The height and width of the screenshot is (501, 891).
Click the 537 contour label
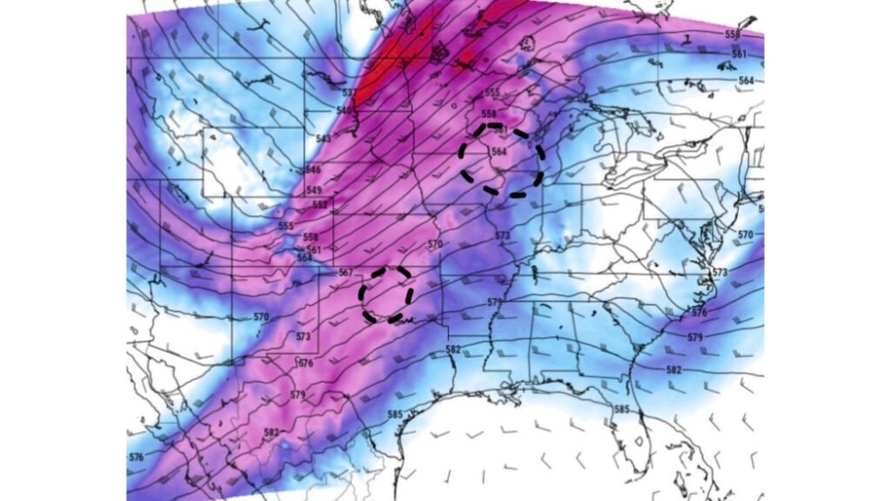[348, 92]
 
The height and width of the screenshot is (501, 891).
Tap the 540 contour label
[344, 110]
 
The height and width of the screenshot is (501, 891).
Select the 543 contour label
[324, 138]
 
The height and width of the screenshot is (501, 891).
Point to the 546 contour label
[314, 170]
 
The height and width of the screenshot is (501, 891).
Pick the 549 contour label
[315, 190]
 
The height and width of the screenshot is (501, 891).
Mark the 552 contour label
[320, 204]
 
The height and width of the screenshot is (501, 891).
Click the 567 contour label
[345, 272]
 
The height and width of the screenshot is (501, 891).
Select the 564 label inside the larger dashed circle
[499, 151]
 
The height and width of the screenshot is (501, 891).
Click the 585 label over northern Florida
[621, 409]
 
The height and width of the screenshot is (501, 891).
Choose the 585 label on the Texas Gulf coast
[395, 414]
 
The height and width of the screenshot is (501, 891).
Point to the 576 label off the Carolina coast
[699, 312]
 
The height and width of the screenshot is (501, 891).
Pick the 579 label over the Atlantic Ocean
[694, 337]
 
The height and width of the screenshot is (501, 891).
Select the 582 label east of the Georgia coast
[674, 370]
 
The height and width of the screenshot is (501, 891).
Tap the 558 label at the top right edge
[733, 34]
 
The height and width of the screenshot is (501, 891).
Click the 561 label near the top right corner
[739, 54]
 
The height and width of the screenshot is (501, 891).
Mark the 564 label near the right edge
[746, 80]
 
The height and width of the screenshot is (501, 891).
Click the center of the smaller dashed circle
[387, 295]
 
